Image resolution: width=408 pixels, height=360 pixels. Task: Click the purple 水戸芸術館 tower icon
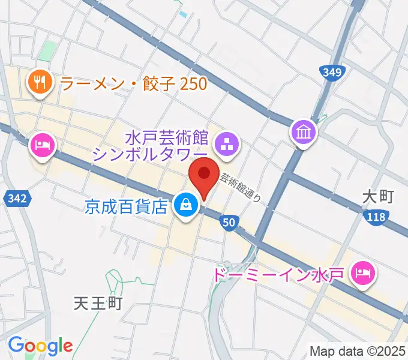click(x=227, y=143)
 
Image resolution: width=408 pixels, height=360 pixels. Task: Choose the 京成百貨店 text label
click(x=125, y=207)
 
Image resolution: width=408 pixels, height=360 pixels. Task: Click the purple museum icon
click(x=303, y=131)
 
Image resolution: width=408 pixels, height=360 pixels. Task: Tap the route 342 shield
click(x=16, y=199)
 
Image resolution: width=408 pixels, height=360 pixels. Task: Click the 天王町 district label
click(x=98, y=302)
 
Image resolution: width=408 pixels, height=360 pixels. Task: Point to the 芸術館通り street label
click(x=240, y=188)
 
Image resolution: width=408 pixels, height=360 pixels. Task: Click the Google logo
click(x=40, y=345)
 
